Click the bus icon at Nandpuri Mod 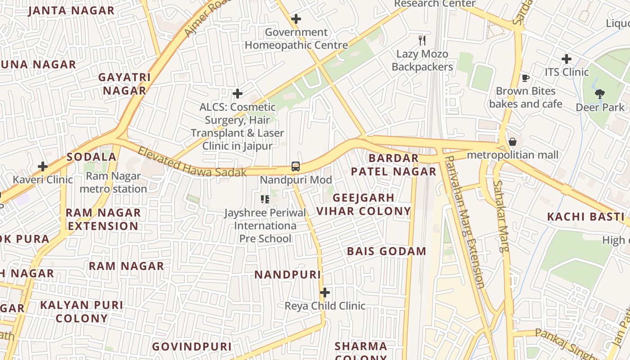[x=295, y=166]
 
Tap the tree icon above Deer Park [x=599, y=94]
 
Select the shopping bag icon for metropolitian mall [x=512, y=142]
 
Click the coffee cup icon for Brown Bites [x=525, y=78]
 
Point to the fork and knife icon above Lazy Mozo [x=422, y=40]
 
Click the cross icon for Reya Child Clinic [x=324, y=293]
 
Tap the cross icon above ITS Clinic [x=567, y=59]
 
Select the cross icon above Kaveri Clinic [x=43, y=166]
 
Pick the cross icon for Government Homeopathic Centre [x=296, y=19]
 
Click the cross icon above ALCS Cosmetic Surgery [x=238, y=94]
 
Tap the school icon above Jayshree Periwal [x=265, y=199]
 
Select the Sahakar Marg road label [x=501, y=216]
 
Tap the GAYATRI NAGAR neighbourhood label [x=125, y=84]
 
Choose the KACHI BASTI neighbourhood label [x=585, y=216]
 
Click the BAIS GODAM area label [x=386, y=251]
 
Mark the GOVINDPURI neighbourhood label [x=192, y=346]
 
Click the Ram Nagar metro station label [x=113, y=182]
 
